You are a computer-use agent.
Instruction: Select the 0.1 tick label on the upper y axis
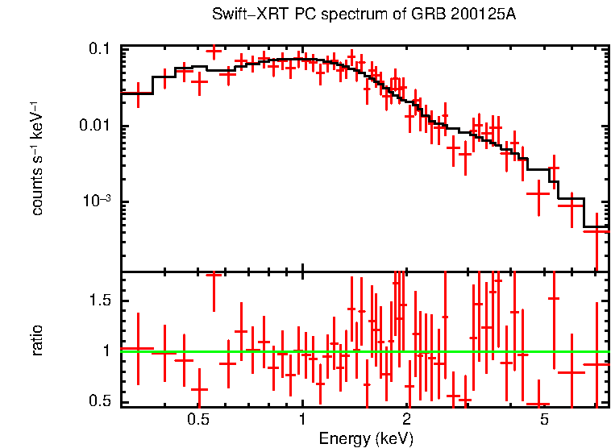point(99,50)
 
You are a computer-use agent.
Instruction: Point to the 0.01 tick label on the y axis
point(94,127)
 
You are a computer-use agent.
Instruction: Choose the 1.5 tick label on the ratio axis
point(99,301)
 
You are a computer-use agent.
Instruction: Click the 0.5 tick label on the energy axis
point(198,419)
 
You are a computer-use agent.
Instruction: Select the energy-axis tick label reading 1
point(302,419)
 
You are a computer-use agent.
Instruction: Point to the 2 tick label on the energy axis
point(406,419)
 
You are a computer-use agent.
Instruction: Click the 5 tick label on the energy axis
point(544,419)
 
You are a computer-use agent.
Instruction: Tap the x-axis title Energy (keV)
point(366,438)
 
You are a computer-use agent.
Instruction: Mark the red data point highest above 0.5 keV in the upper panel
point(214,52)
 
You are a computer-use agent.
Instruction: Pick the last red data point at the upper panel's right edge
point(596,231)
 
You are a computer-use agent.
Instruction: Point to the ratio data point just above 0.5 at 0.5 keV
point(199,390)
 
